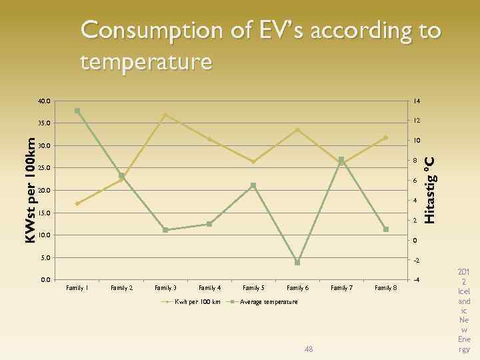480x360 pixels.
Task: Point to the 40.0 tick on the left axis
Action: click(43, 101)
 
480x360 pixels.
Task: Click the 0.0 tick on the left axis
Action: click(45, 280)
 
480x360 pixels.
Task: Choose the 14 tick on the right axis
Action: click(415, 101)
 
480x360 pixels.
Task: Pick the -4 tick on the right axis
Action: click(415, 280)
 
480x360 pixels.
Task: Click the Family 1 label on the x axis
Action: click(77, 288)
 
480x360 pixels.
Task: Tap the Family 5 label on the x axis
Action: click(253, 288)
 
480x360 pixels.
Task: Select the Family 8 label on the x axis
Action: click(385, 288)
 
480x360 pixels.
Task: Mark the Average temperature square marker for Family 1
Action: click(77, 111)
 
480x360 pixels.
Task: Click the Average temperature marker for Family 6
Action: click(297, 263)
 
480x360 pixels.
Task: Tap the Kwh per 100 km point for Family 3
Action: click(165, 115)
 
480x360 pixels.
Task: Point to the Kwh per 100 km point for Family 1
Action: click(77, 203)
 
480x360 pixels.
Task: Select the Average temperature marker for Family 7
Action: click(341, 160)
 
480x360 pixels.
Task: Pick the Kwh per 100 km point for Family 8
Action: click(385, 137)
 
